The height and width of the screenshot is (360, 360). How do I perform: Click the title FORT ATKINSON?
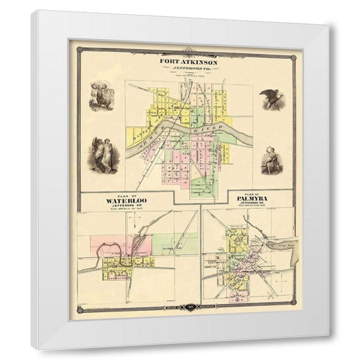188,59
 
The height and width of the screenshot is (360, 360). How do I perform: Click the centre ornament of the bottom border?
188,308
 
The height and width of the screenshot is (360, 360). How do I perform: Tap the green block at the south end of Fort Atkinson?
202,186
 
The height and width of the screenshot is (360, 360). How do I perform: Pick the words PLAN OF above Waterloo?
126,194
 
